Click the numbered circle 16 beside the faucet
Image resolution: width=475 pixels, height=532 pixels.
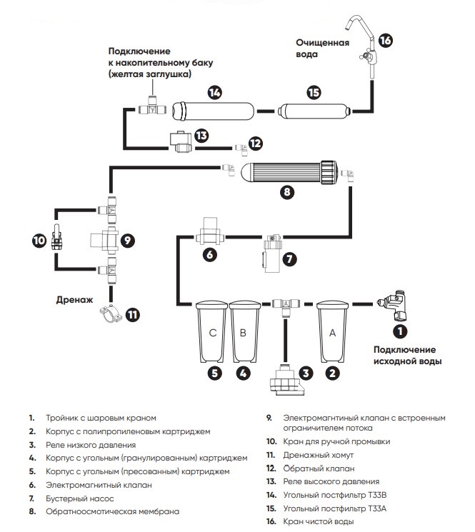(385, 40)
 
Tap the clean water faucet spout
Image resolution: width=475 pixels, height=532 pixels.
(355, 27)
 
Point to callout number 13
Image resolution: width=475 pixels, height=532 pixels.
(201, 135)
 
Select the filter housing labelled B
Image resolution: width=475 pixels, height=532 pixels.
(243, 332)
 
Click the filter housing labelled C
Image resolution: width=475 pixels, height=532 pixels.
(212, 332)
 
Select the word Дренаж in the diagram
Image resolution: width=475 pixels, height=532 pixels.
(74, 301)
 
